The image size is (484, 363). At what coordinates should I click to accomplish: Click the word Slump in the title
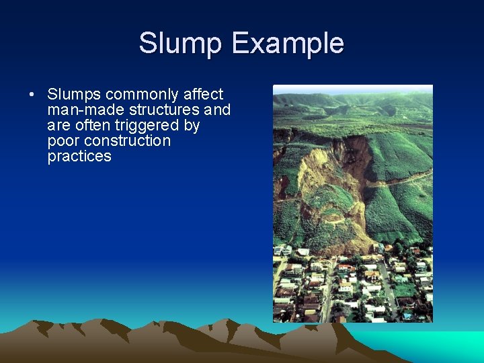181,44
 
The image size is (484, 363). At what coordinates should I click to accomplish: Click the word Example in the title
288,44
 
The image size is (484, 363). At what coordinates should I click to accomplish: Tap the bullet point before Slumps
32,94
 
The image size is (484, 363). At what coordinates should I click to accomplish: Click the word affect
203,94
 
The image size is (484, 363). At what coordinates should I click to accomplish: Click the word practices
79,156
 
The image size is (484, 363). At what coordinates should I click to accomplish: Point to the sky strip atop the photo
352,88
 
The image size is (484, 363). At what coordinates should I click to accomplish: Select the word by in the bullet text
192,125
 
